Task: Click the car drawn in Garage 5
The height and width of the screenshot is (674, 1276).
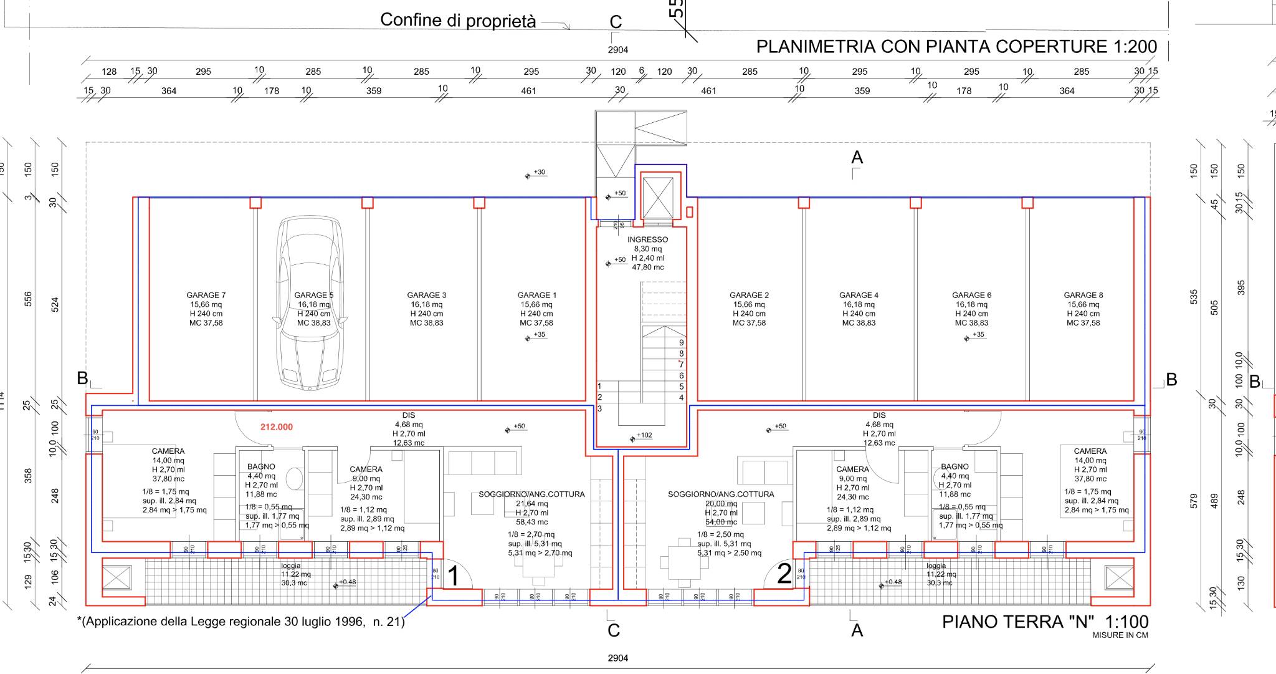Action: (310, 303)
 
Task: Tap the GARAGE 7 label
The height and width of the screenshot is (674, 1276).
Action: (206, 296)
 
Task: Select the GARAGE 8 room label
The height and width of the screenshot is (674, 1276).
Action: (1083, 296)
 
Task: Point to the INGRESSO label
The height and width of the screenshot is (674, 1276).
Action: (647, 240)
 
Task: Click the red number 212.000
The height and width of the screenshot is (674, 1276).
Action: (277, 427)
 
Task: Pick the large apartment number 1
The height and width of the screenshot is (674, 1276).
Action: (454, 576)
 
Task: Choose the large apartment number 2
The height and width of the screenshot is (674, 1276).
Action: (784, 574)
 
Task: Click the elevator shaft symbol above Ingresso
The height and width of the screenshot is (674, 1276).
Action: (658, 197)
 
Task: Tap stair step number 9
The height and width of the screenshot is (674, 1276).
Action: (682, 342)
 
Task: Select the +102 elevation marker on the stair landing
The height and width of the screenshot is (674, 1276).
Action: (644, 436)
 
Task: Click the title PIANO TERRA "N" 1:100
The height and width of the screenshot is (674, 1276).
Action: (1045, 622)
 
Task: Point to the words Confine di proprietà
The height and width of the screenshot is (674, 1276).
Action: (458, 21)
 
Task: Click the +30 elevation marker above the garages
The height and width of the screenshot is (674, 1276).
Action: (538, 173)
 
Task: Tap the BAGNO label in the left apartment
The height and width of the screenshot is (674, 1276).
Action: (261, 466)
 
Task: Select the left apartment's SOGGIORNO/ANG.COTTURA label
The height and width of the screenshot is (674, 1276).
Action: (531, 494)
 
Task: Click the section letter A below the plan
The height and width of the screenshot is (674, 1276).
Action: (857, 630)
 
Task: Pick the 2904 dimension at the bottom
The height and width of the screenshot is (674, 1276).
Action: (617, 658)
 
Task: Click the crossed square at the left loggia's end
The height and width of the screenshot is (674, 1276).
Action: (117, 577)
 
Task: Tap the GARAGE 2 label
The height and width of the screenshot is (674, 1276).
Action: (749, 296)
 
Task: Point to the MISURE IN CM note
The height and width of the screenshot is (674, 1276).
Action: (1120, 635)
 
